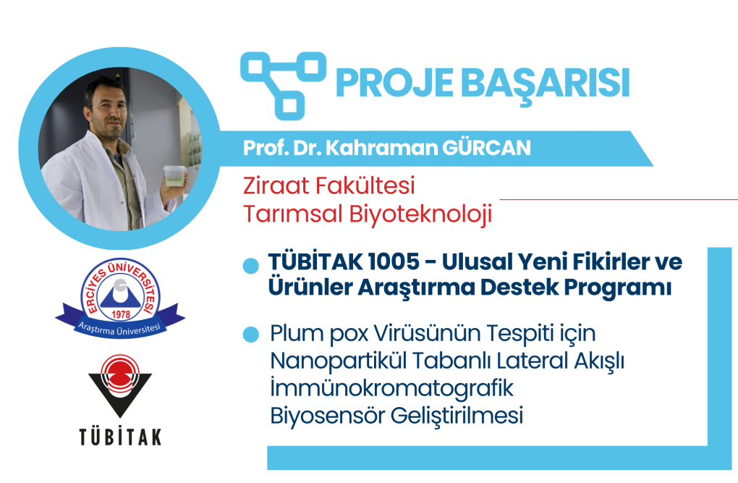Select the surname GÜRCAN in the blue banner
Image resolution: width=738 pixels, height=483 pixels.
tap(487, 148)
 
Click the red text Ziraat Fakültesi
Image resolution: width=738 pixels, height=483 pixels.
tap(329, 185)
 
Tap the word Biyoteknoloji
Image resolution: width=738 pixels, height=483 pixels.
tap(420, 214)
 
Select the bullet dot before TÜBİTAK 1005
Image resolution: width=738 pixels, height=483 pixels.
tap(251, 266)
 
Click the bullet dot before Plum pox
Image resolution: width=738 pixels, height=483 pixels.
tap(251, 335)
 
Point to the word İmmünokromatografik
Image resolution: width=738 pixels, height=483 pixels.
tap(391, 388)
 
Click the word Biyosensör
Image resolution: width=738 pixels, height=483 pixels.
tap(328, 416)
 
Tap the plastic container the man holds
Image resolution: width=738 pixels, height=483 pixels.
tap(174, 175)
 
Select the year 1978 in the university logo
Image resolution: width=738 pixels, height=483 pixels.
tap(121, 314)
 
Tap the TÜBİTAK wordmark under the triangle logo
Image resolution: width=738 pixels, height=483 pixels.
tap(120, 436)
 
